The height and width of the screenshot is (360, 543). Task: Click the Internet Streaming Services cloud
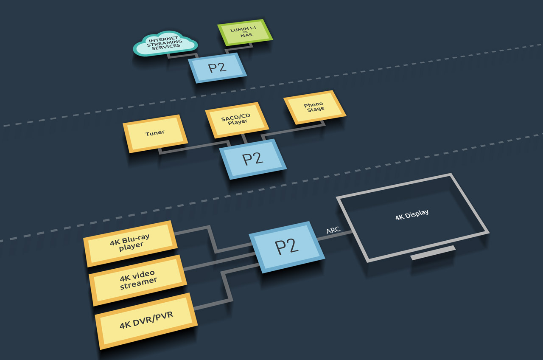165,44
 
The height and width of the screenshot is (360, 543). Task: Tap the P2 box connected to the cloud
217,68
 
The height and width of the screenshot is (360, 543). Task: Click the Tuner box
155,133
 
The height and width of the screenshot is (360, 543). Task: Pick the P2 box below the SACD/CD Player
253,159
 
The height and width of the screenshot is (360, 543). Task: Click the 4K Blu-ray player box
130,243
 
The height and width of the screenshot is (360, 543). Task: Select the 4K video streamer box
137,279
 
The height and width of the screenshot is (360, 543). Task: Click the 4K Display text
411,214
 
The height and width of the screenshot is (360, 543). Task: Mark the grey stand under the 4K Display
433,253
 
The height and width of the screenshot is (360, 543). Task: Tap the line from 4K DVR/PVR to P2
224,289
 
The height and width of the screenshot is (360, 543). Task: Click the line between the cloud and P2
182,56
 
